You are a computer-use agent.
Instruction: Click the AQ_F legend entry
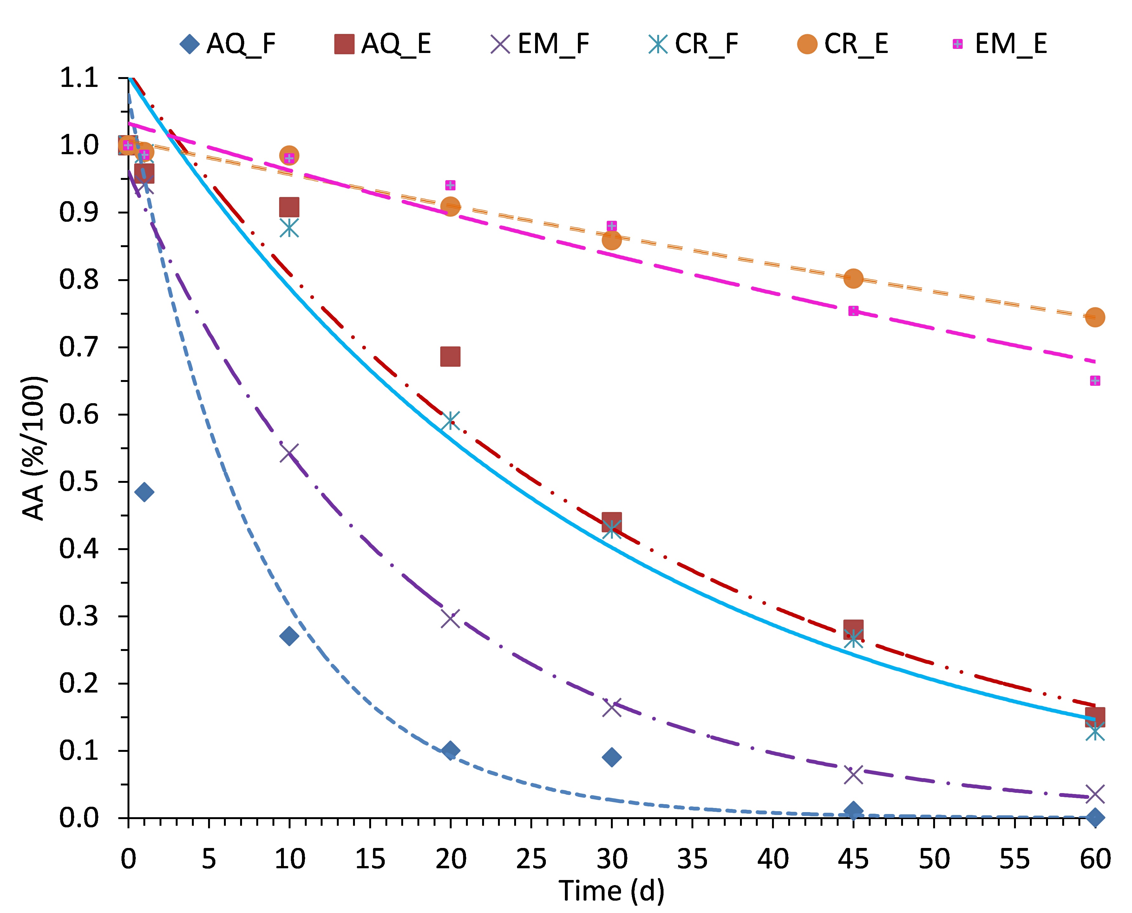click(227, 44)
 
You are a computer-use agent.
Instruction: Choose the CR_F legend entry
click(693, 44)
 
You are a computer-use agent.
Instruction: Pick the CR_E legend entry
click(843, 44)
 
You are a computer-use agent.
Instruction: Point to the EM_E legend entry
click(999, 44)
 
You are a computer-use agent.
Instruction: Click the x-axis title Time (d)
click(612, 891)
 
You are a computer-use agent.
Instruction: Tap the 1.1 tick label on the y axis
click(79, 78)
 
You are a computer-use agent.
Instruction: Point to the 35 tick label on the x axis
click(692, 859)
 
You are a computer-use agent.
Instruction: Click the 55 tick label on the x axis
click(1014, 859)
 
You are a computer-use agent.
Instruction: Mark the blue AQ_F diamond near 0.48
click(144, 492)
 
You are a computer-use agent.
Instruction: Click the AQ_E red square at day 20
click(450, 357)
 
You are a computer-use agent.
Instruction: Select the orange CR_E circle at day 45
click(853, 278)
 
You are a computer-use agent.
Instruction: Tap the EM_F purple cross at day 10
click(289, 453)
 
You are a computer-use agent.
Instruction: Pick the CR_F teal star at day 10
click(289, 228)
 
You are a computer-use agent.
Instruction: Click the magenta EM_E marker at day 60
click(1095, 381)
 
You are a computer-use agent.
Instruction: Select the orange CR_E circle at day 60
click(1095, 317)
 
